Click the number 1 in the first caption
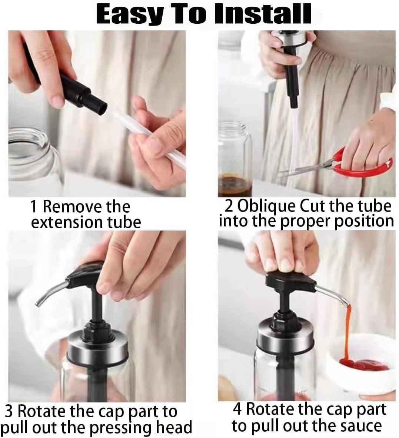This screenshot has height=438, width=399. (x=33, y=207)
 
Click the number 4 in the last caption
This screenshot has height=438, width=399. (x=237, y=409)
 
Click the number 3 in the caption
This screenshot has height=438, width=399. (x=9, y=412)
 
